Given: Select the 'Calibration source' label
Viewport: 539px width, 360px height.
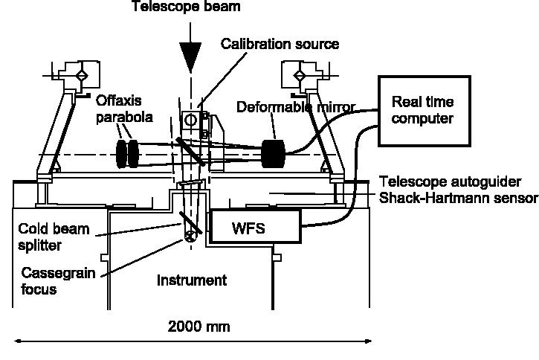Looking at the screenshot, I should click(x=280, y=44).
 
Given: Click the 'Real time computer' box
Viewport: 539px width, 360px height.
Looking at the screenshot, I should click(x=424, y=109).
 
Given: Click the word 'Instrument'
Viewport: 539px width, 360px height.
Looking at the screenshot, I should click(x=191, y=280).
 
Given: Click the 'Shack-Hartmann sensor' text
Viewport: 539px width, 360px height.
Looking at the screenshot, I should click(x=456, y=198).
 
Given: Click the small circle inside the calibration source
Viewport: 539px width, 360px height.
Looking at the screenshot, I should click(x=190, y=120).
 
